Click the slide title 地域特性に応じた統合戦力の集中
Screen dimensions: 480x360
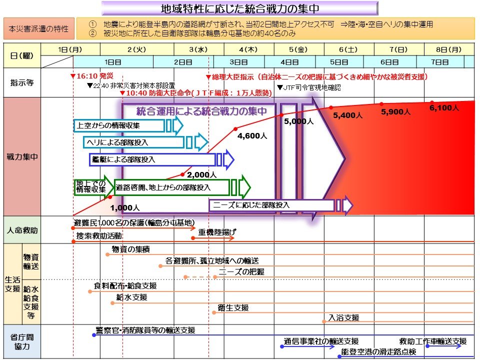[x=239, y=8]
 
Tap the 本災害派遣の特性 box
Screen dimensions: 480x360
[x=39, y=28]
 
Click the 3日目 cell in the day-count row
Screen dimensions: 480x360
[x=238, y=62]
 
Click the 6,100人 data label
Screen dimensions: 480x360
[x=444, y=108]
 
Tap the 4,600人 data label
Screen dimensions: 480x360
[x=252, y=135]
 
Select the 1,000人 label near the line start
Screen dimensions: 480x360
[x=125, y=207]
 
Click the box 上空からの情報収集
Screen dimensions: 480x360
[x=118, y=125]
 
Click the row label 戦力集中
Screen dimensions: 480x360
[x=21, y=156]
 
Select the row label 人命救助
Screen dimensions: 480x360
[x=21, y=231]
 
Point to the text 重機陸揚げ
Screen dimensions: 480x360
[x=217, y=232]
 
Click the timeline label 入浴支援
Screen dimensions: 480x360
[x=344, y=318]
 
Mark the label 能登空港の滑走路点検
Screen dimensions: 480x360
[x=378, y=352]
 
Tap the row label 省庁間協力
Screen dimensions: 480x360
[x=21, y=342]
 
